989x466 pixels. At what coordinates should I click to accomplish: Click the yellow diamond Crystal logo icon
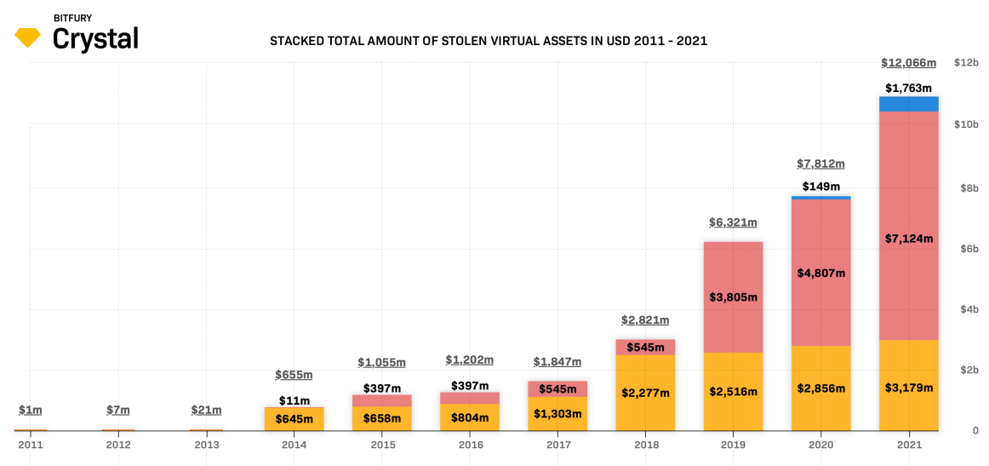(x=27, y=37)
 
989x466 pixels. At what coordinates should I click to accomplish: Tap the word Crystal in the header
(x=95, y=38)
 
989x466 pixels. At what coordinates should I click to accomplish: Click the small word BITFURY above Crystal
(x=72, y=17)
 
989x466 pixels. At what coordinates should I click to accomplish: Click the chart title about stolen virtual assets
(x=489, y=40)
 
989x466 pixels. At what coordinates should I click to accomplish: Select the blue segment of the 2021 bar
(x=908, y=104)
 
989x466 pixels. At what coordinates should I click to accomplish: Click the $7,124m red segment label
(x=908, y=239)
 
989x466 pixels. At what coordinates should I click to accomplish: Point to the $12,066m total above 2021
(x=908, y=63)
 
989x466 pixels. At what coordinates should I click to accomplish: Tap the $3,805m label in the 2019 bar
(x=733, y=297)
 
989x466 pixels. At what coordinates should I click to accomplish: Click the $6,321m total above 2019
(x=733, y=222)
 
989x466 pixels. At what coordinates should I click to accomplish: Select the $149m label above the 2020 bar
(x=820, y=187)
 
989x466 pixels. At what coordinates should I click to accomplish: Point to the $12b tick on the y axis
(x=966, y=63)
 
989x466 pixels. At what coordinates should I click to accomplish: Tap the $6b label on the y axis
(x=966, y=248)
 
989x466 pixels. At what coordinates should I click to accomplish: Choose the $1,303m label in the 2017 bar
(x=557, y=414)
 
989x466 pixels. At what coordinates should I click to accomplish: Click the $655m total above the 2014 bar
(x=294, y=375)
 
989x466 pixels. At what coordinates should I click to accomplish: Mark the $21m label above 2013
(x=206, y=410)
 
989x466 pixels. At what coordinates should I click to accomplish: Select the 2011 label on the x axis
(x=31, y=445)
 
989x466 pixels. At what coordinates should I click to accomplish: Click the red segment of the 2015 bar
(x=381, y=400)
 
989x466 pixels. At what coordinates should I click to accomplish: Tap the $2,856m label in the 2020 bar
(x=820, y=388)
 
